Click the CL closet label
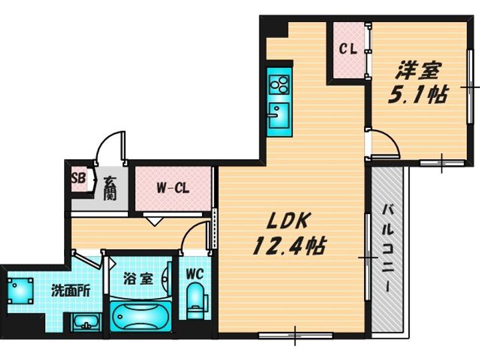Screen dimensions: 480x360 click(x=348, y=49)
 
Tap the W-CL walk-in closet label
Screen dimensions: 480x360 click(x=173, y=188)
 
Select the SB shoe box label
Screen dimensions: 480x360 click(x=78, y=177)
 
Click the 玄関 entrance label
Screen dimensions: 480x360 click(x=109, y=188)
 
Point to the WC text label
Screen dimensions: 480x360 click(x=195, y=274)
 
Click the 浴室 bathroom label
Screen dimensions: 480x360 click(x=138, y=279)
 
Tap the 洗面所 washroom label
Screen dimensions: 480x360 click(x=71, y=291)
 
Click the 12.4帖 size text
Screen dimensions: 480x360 click(x=289, y=246)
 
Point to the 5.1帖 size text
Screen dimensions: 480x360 click(x=418, y=94)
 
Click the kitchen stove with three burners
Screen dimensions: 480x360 click(x=279, y=85)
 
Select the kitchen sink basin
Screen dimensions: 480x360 click(x=279, y=115)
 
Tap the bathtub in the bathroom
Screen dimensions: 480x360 click(x=141, y=316)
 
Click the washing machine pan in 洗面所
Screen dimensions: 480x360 click(x=20, y=291)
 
